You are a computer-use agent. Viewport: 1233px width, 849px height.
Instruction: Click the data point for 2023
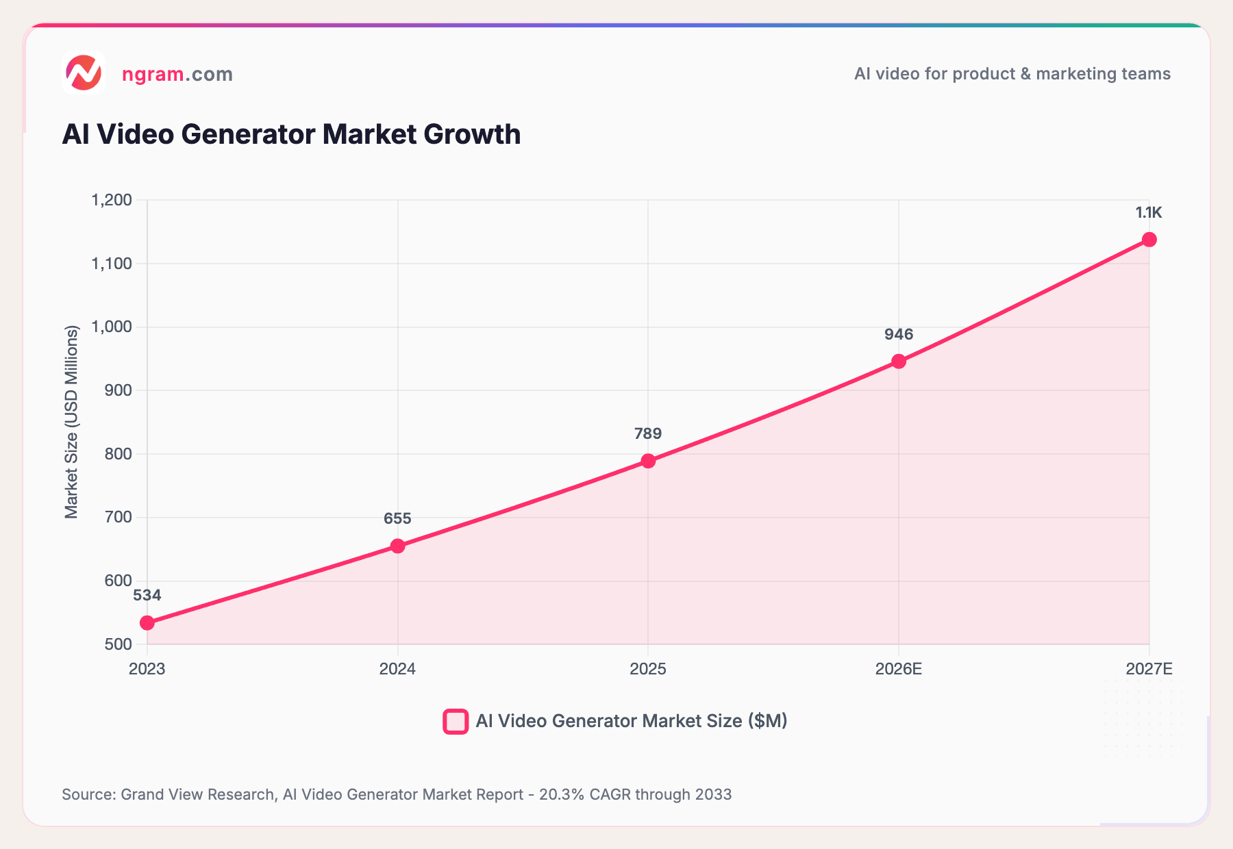coord(147,622)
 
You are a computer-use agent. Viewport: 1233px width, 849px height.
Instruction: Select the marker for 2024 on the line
coord(397,546)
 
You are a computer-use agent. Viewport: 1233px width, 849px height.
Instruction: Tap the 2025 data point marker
coord(648,461)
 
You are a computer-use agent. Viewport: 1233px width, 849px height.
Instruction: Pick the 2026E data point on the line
coord(899,361)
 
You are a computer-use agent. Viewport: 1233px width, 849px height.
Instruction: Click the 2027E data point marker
coord(1149,240)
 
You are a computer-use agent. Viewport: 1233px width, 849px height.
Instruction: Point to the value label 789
coord(648,433)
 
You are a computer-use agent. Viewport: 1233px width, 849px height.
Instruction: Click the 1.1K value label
coord(1149,213)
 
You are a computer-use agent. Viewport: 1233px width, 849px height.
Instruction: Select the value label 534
coord(147,595)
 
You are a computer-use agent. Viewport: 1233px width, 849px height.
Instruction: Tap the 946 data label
coord(899,334)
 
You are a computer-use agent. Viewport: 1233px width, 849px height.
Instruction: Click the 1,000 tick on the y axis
coord(111,327)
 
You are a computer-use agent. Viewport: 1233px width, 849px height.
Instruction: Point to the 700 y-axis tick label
coord(118,517)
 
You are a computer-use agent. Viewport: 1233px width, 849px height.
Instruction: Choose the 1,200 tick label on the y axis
coord(111,200)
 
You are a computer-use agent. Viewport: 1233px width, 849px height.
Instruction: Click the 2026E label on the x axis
coord(899,669)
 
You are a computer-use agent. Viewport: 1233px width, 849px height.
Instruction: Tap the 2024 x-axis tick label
coord(397,669)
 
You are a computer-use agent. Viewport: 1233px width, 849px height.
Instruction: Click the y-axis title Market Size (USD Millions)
coord(71,422)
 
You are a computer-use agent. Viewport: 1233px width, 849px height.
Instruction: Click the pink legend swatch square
coord(456,721)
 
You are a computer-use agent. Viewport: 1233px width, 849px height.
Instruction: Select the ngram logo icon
coord(84,73)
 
